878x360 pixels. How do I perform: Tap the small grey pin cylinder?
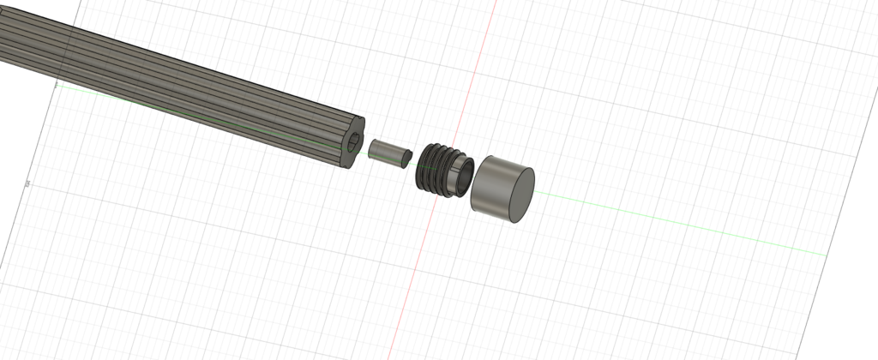[x=385, y=152]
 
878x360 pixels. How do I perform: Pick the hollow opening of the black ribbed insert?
[x=463, y=177]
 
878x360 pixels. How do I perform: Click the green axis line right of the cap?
[x=686, y=225]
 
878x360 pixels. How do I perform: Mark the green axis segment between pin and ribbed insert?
[x=412, y=160]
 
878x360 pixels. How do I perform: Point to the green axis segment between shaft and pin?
[x=364, y=150]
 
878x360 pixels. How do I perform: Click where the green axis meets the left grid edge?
[x=56, y=85]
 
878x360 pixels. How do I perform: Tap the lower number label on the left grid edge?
[x=28, y=183]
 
